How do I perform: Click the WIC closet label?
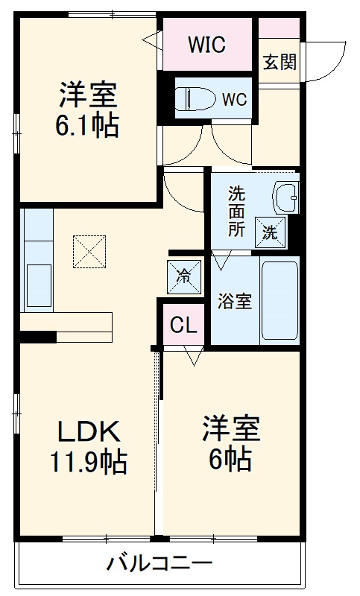(206, 45)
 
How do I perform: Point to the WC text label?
(234, 98)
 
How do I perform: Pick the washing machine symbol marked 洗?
(270, 232)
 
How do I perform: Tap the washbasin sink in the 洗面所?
(286, 197)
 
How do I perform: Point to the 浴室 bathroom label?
(234, 302)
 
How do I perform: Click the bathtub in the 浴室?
(280, 299)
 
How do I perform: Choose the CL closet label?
(183, 325)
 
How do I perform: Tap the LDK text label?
(89, 432)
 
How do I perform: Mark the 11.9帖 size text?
(89, 463)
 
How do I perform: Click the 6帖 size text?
(229, 460)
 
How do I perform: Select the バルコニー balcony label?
(158, 563)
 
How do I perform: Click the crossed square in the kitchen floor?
(89, 252)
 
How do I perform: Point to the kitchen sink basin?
(37, 284)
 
